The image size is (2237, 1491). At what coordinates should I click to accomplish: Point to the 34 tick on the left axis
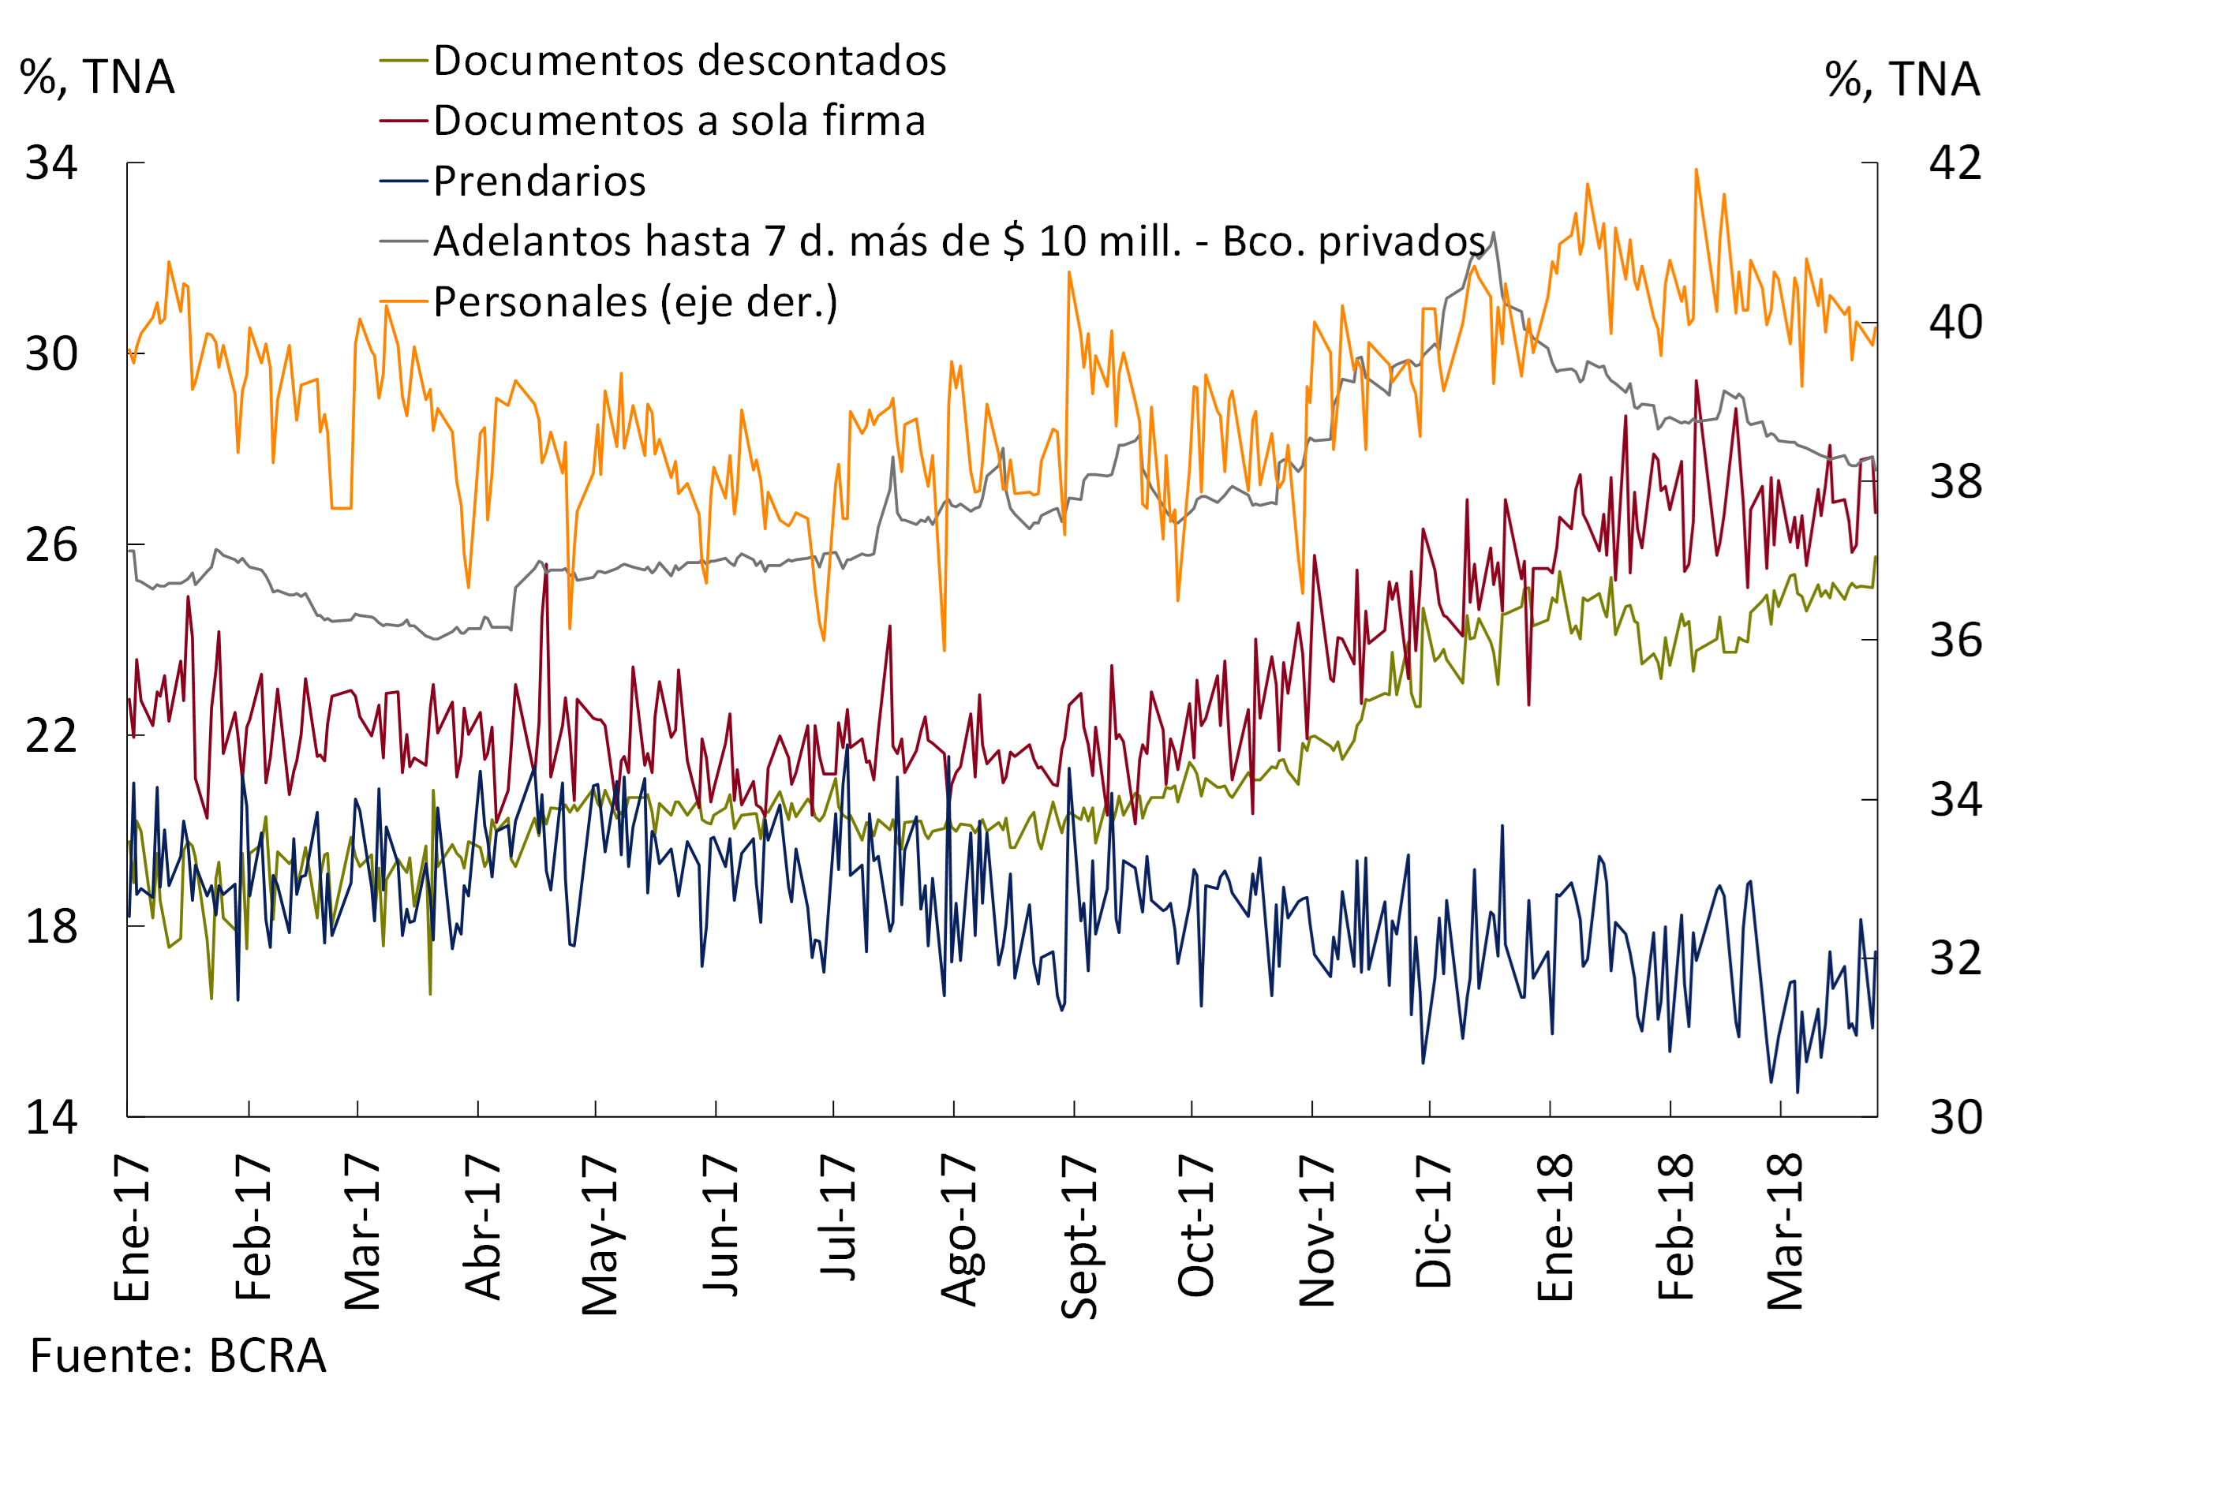[x=51, y=163]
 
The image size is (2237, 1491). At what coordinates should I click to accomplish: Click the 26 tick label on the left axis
[x=51, y=545]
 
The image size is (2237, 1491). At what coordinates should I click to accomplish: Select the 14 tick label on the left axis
[x=51, y=1117]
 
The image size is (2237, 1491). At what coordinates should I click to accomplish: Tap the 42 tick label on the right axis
[x=1955, y=163]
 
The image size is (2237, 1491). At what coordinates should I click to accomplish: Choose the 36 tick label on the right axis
[x=1955, y=640]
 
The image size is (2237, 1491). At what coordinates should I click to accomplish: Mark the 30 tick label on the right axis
[x=1955, y=1117]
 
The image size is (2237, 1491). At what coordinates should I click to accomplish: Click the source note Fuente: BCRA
[x=178, y=1356]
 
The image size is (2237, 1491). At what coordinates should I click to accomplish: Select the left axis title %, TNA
[x=97, y=77]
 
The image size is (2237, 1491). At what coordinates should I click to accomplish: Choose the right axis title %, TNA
[x=1902, y=79]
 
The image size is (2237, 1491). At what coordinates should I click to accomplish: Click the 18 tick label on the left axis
[x=51, y=926]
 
